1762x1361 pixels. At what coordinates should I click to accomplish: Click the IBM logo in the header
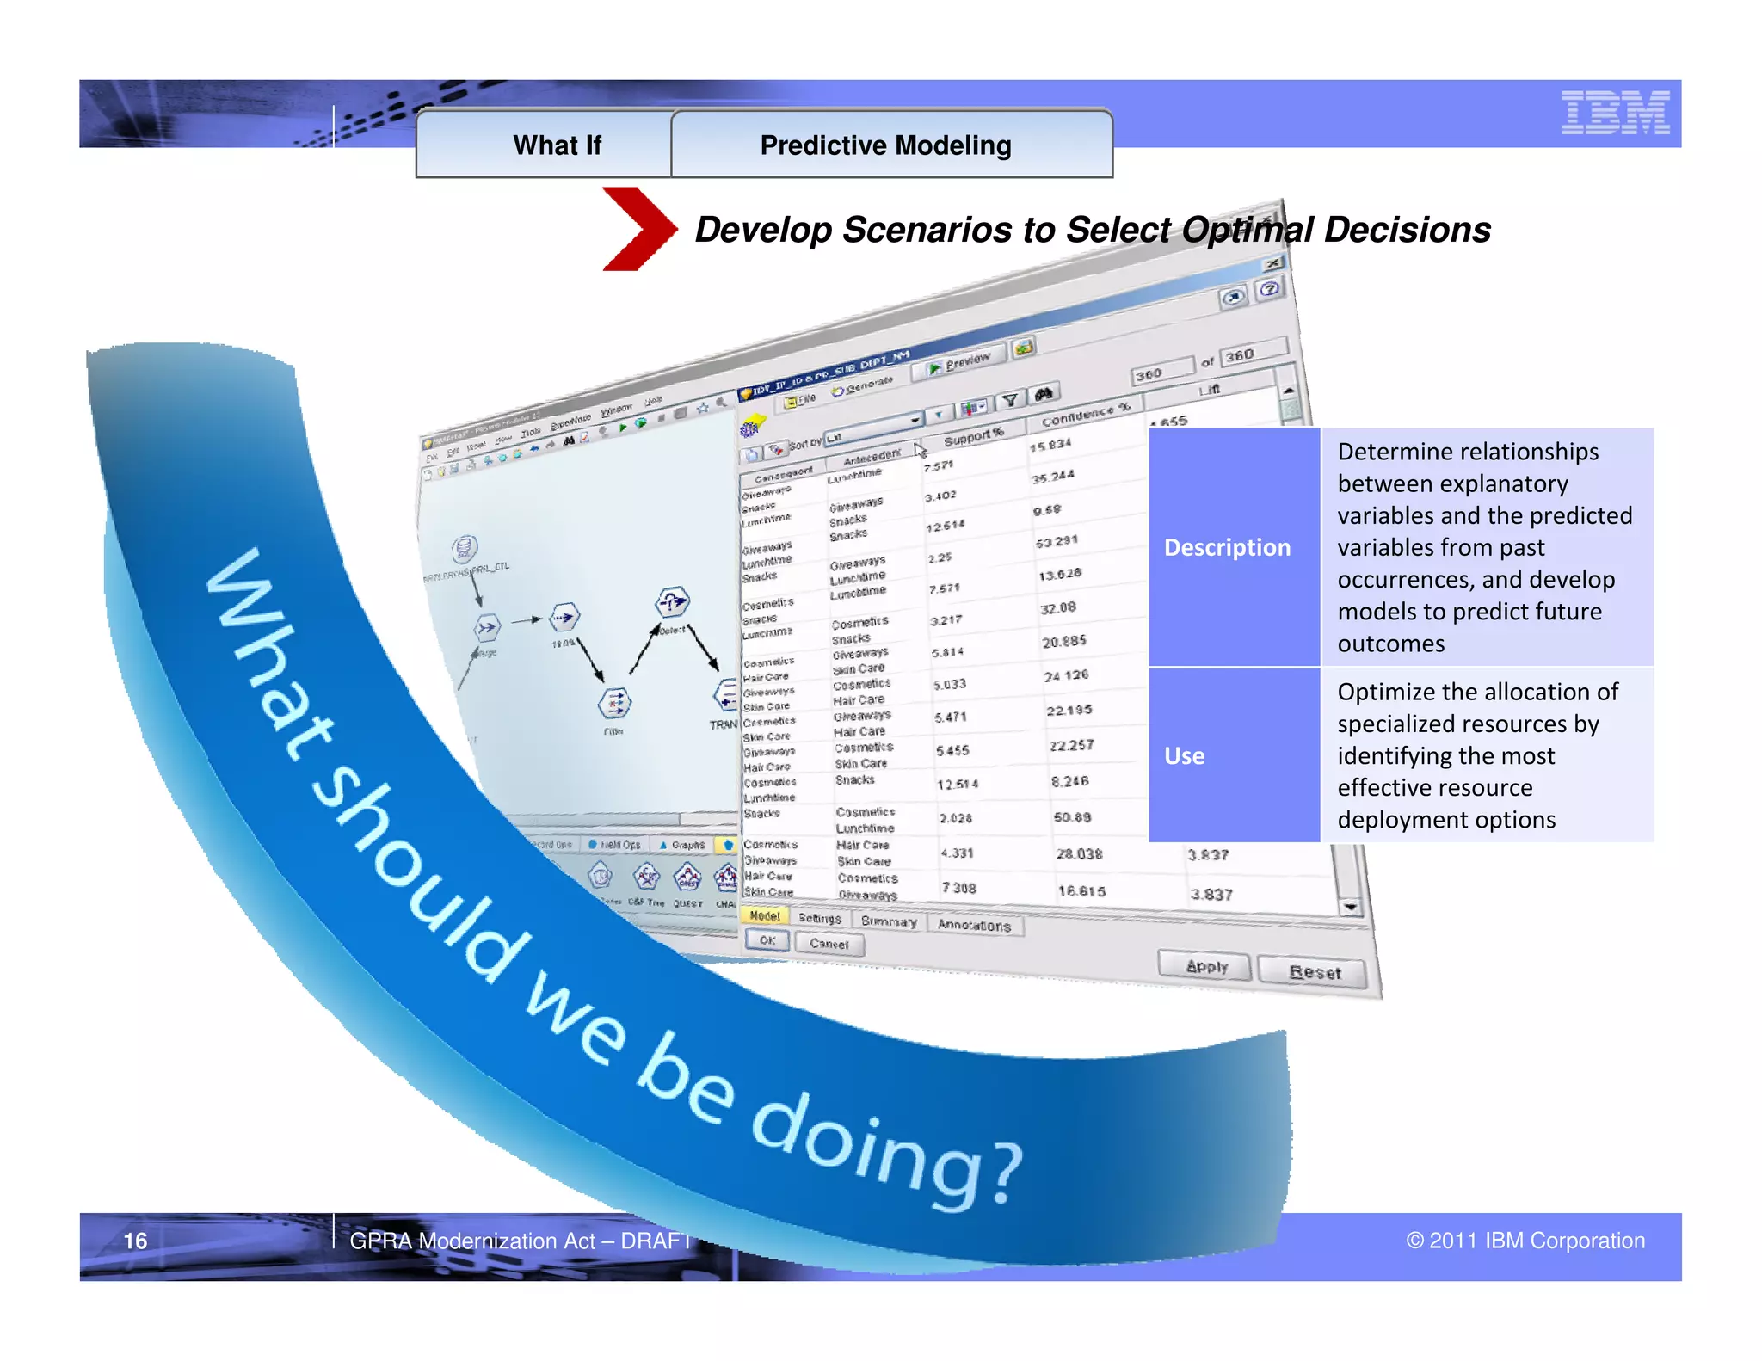1615,113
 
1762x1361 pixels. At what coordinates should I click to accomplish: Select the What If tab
557,145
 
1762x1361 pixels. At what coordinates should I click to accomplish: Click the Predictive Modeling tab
885,145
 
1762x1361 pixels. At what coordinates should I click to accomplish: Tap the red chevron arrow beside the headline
638,229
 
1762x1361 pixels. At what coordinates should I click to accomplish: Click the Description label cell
1227,547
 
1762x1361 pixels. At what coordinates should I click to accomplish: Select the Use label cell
1184,755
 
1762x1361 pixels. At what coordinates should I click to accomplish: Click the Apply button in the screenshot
1205,965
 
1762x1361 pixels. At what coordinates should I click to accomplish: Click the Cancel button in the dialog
829,944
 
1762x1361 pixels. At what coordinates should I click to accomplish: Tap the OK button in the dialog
767,940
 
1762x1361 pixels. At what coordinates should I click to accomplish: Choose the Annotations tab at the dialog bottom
974,925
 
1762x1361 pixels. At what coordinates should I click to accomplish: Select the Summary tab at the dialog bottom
889,921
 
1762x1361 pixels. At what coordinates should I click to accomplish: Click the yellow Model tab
764,915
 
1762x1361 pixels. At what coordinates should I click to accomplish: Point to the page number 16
135,1241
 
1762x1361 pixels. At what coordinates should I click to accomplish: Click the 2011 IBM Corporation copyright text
1525,1241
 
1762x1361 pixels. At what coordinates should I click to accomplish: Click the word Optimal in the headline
1247,230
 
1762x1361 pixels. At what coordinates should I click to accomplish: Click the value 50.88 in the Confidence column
1072,816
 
